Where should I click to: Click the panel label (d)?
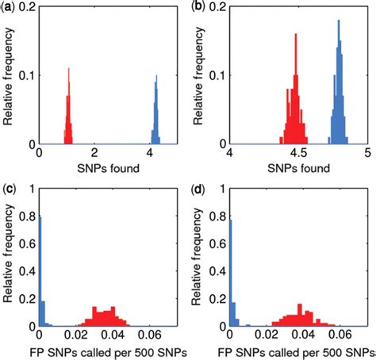(199, 189)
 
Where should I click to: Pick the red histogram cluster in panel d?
(298, 317)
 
